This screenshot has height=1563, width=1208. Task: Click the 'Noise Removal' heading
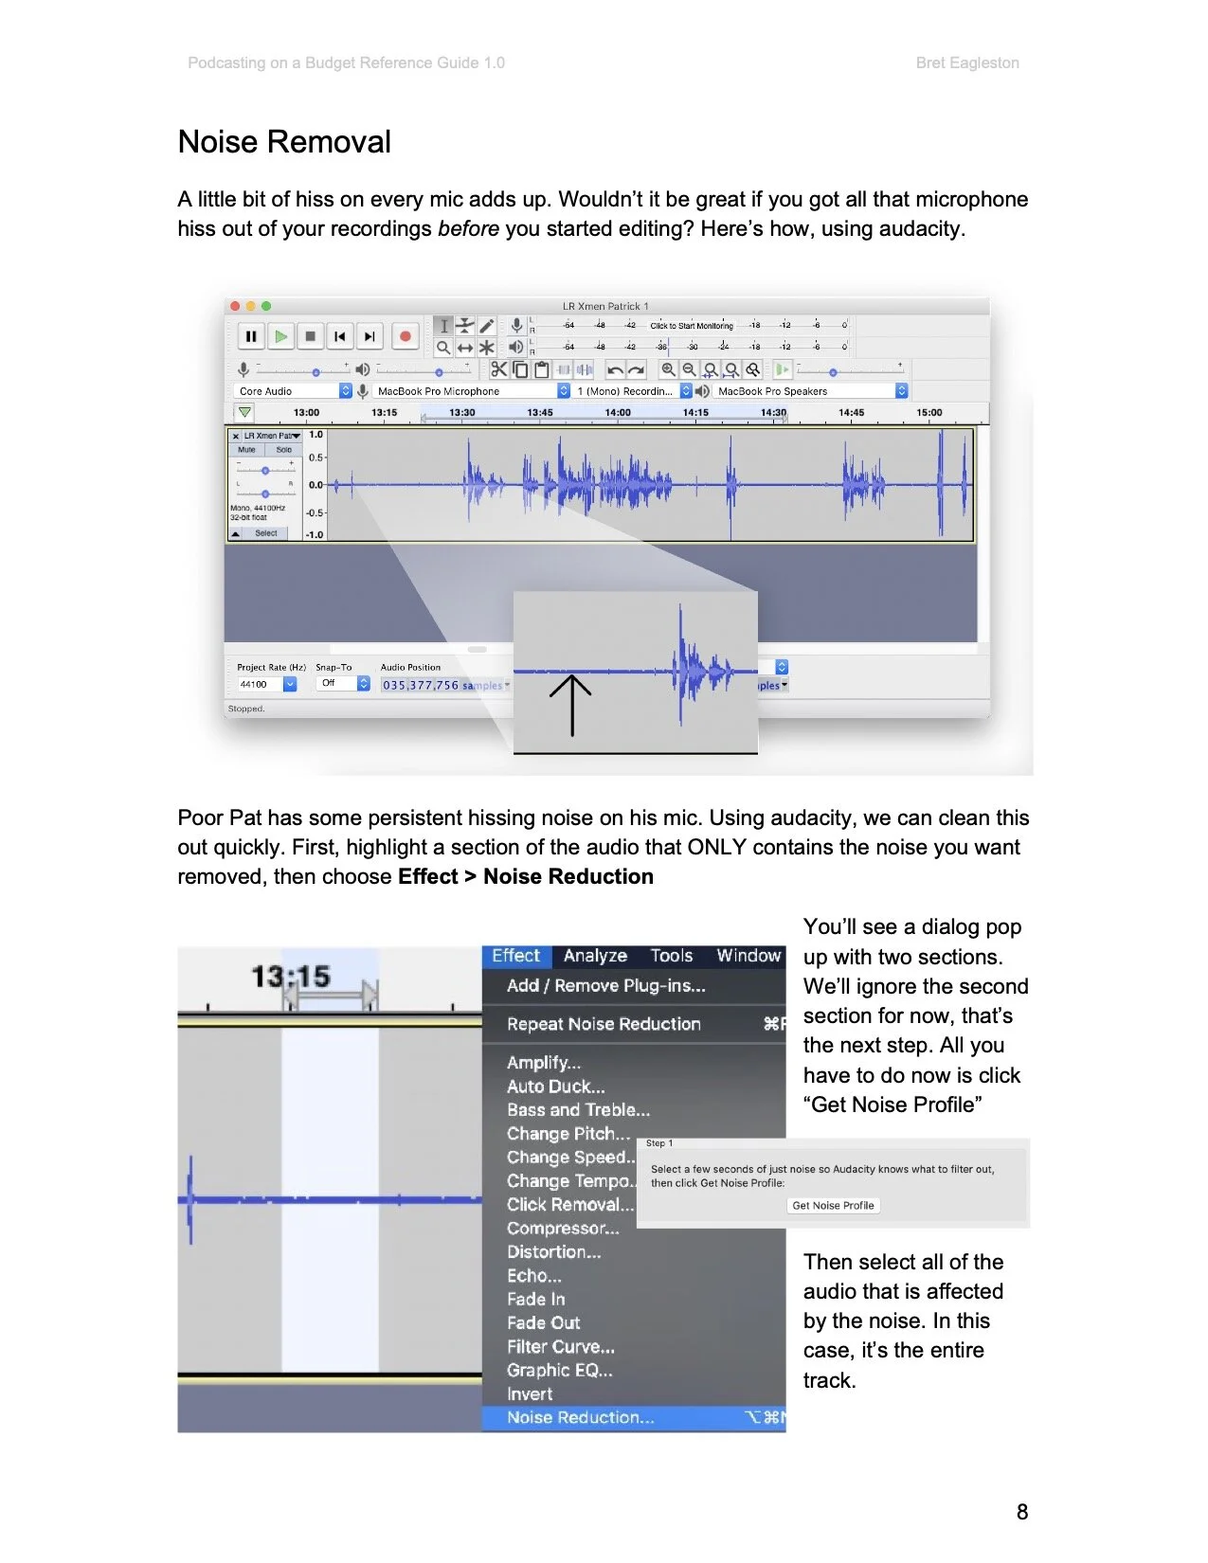pyautogui.click(x=284, y=142)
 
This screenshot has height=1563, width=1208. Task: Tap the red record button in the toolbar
pyautogui.click(x=406, y=336)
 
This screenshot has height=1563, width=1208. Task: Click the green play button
pyautogui.click(x=280, y=336)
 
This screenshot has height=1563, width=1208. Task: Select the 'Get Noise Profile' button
pyautogui.click(x=833, y=1206)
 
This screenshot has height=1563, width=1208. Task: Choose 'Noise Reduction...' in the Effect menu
pyautogui.click(x=580, y=1418)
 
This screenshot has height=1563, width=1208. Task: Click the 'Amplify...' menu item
pyautogui.click(x=544, y=1063)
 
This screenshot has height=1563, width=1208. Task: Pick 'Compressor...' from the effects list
pyautogui.click(x=563, y=1229)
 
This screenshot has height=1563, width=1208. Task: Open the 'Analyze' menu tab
pyautogui.click(x=595, y=956)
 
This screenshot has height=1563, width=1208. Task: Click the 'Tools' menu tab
pyautogui.click(x=671, y=956)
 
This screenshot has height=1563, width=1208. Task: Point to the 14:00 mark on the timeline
pyautogui.click(x=618, y=413)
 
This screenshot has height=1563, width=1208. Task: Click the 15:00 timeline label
pyautogui.click(x=929, y=413)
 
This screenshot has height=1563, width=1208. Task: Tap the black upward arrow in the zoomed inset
pyautogui.click(x=571, y=705)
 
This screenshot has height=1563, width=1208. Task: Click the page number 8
pyautogui.click(x=1021, y=1512)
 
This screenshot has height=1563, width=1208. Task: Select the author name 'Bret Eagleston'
pyautogui.click(x=967, y=63)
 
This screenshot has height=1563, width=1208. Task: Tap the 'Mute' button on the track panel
pyautogui.click(x=247, y=450)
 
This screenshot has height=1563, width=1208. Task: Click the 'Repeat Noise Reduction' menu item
pyautogui.click(x=604, y=1024)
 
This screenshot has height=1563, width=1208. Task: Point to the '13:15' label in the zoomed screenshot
pyautogui.click(x=290, y=976)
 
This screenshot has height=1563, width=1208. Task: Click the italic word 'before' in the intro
pyautogui.click(x=468, y=229)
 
